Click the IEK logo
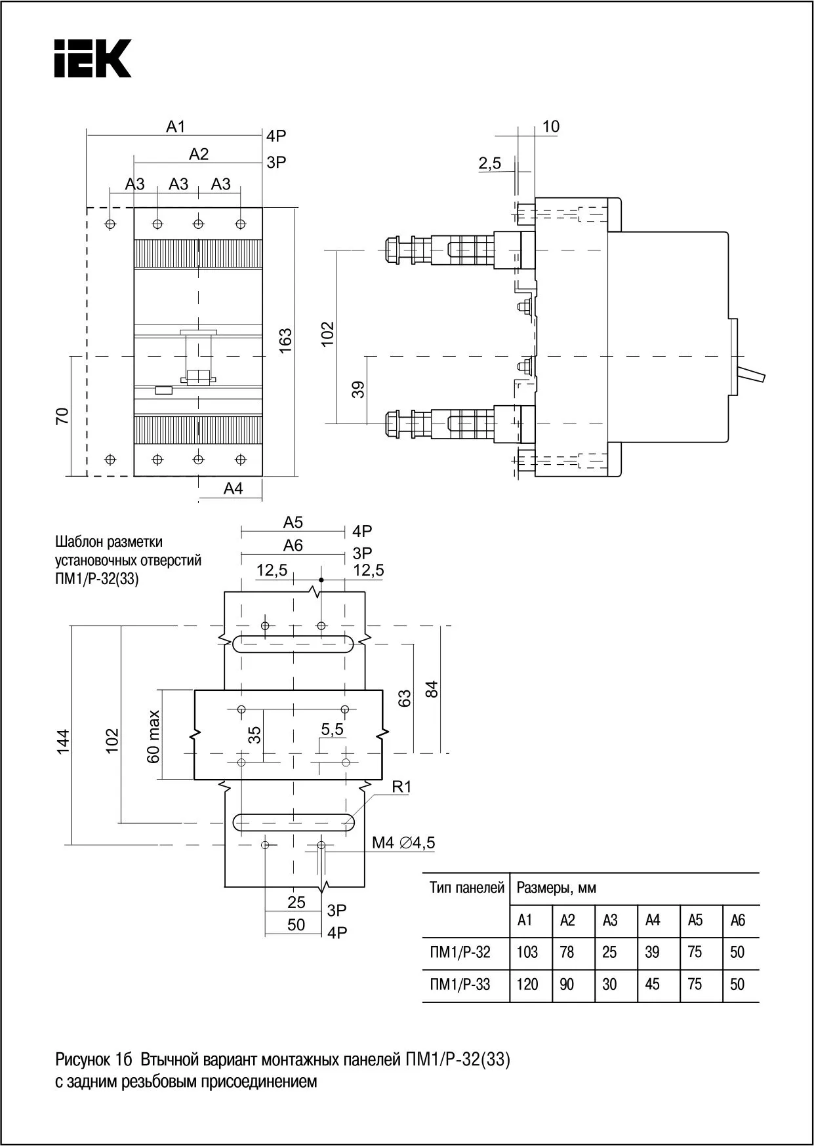click(x=92, y=58)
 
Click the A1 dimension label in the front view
click(x=175, y=126)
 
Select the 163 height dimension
click(x=285, y=341)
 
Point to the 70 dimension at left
click(x=62, y=416)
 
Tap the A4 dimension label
click(x=233, y=488)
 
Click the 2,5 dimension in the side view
click(x=489, y=163)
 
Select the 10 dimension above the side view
click(x=551, y=127)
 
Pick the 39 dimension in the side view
click(x=358, y=389)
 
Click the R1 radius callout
click(x=401, y=787)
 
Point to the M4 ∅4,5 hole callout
click(x=403, y=843)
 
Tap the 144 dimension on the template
click(x=62, y=741)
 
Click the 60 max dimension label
click(x=153, y=736)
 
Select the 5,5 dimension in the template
click(x=332, y=729)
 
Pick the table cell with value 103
click(x=527, y=952)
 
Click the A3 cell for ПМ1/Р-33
click(x=609, y=984)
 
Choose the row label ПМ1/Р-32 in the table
click(x=460, y=952)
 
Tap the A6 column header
click(x=737, y=920)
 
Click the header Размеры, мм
click(x=556, y=888)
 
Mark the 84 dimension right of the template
click(x=431, y=689)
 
